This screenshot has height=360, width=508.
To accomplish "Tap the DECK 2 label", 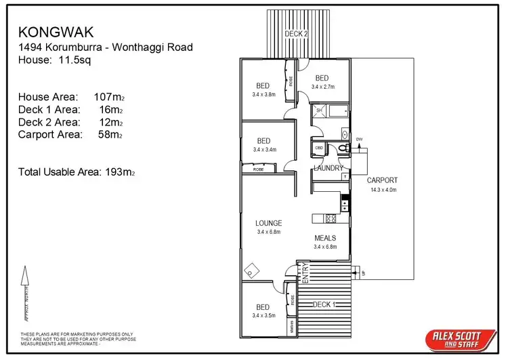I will click(295, 33).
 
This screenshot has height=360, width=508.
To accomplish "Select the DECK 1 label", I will click(322, 305).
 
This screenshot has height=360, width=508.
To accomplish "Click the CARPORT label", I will click(382, 180).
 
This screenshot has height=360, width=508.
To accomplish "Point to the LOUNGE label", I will click(268, 223).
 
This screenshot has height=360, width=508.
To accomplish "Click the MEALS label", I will click(325, 239).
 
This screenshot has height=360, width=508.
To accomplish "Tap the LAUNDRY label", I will click(329, 167).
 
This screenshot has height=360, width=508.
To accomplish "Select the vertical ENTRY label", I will click(304, 276).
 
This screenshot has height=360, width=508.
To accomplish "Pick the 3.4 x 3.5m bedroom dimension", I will click(263, 315).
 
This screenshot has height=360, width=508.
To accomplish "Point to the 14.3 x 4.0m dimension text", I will click(383, 190).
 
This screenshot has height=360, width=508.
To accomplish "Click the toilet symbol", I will click(342, 146).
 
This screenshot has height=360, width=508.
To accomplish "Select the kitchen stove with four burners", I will click(331, 218).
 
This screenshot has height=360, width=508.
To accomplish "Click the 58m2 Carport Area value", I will click(111, 135).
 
